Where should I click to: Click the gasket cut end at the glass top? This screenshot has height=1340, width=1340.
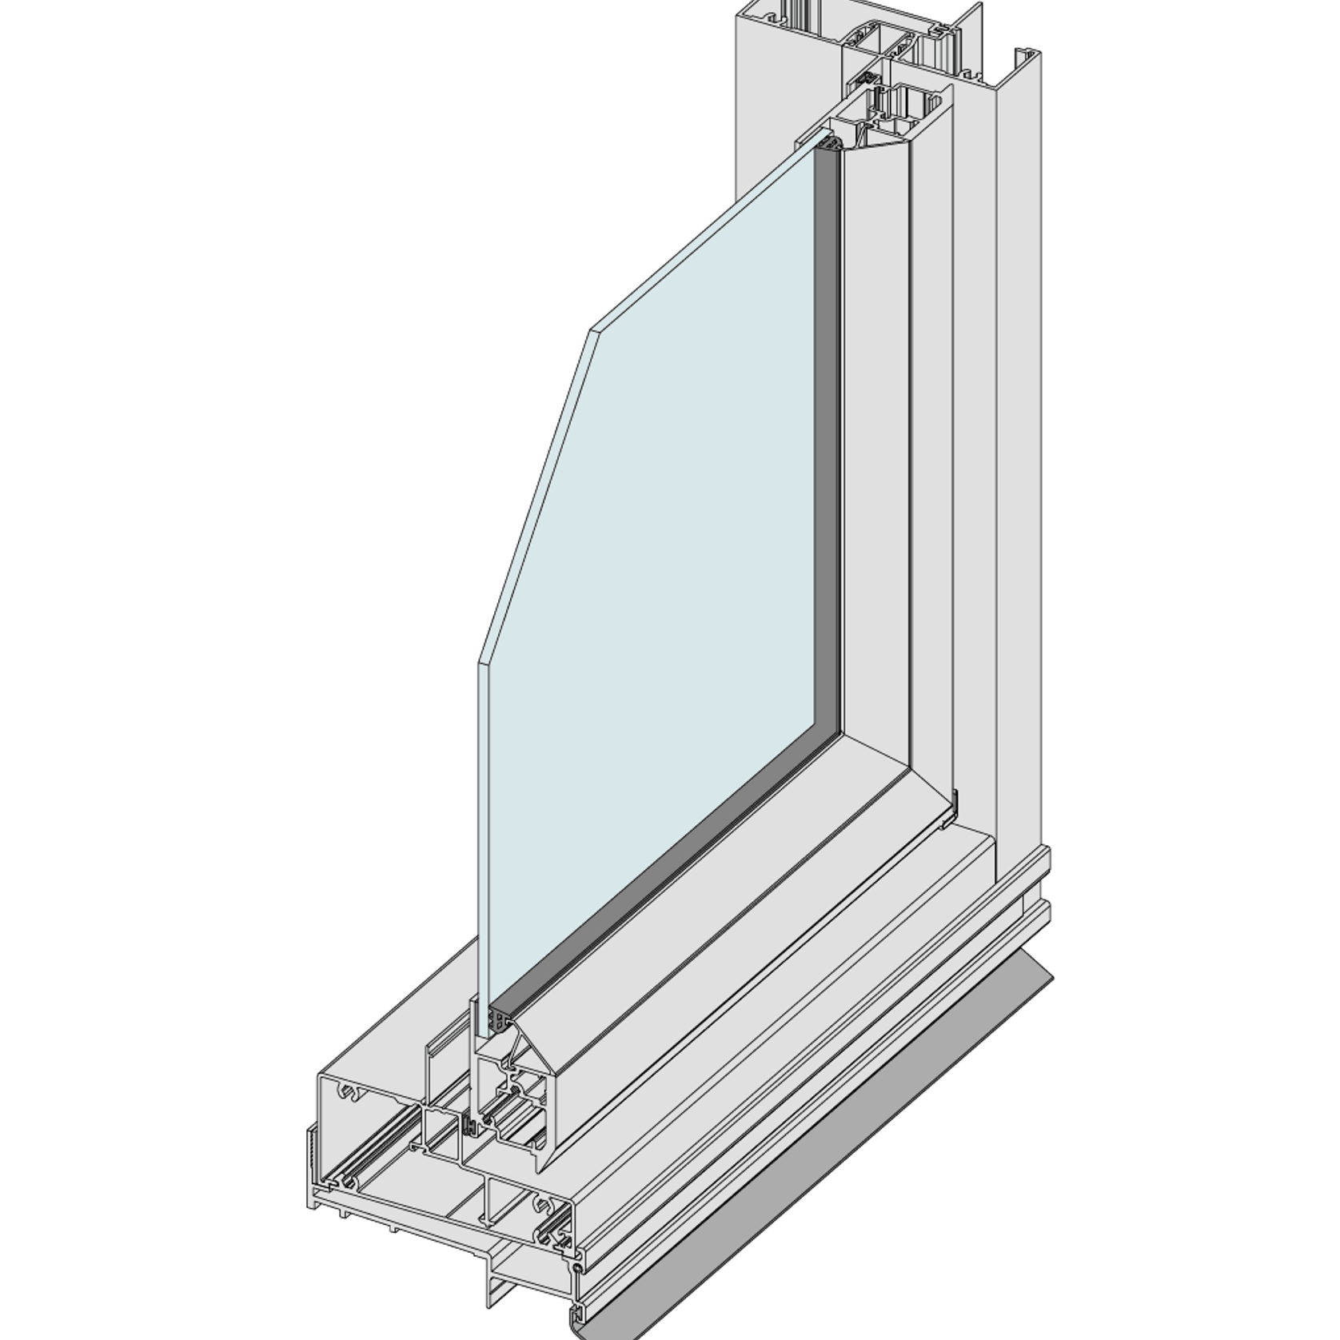coord(828,145)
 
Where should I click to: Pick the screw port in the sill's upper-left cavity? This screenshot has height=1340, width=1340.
coord(349,1091)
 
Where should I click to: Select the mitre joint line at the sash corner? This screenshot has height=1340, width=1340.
coord(871,752)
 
